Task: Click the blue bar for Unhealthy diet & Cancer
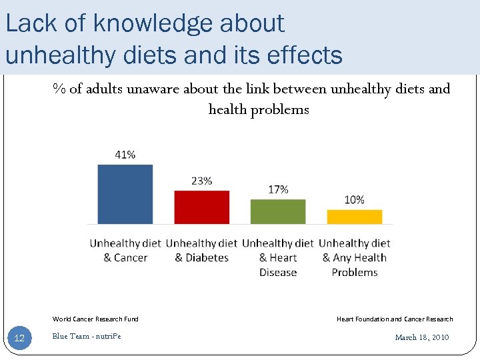pos(125,194)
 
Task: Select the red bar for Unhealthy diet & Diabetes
pos(201,207)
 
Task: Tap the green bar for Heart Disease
pos(278,211)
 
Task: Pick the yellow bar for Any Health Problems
pos(354,217)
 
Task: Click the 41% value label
pos(125,155)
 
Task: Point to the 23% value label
pos(201,181)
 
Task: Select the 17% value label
pos(278,189)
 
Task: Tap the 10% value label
pos(354,199)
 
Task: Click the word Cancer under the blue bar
pos(131,258)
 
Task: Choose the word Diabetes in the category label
pos(207,258)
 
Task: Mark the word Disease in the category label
pos(278,272)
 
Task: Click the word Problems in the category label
pos(354,272)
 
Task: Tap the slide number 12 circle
pos(19,339)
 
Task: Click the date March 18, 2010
pos(422,337)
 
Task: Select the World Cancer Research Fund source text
pos(95,319)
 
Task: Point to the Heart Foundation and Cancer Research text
pos(395,319)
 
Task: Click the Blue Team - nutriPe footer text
pos(87,336)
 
